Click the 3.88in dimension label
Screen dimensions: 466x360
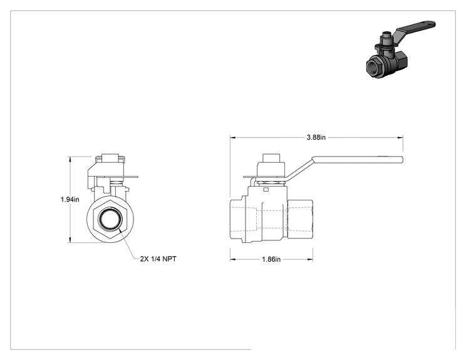click(x=316, y=137)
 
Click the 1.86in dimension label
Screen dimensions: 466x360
click(x=271, y=259)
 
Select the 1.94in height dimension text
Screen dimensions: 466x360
click(x=70, y=199)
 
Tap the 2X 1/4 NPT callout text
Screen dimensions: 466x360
click(x=158, y=259)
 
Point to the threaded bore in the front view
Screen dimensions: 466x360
click(x=110, y=219)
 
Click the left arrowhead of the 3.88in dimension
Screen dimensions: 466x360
click(x=233, y=138)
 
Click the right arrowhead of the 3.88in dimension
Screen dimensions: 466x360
click(x=400, y=138)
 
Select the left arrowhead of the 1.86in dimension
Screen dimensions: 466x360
click(x=233, y=259)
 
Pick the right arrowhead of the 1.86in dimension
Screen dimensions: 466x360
click(x=309, y=259)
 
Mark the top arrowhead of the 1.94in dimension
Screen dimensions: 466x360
click(x=70, y=159)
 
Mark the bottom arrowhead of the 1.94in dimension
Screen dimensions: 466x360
click(x=70, y=240)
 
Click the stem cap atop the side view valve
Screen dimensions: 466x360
click(x=272, y=157)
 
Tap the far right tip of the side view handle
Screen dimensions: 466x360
click(x=403, y=160)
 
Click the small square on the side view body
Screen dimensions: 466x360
click(x=267, y=189)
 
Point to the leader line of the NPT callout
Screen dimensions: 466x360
click(x=129, y=244)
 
